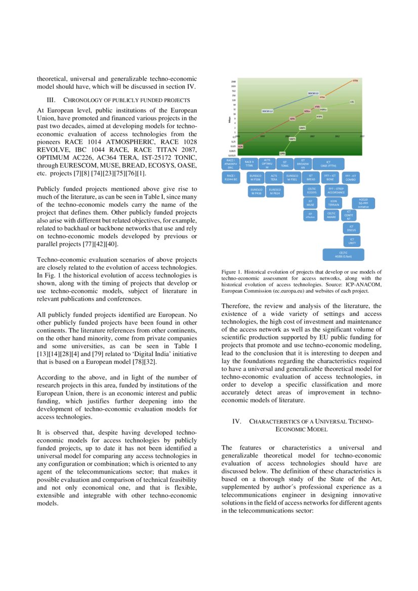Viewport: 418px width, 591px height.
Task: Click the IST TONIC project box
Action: pyautogui.click(x=285, y=164)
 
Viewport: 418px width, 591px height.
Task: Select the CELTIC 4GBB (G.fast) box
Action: pyautogui.click(x=344, y=254)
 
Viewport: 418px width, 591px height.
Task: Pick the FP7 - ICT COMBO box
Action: pyautogui.click(x=350, y=177)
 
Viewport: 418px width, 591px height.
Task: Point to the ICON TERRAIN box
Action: pyautogui.click(x=333, y=203)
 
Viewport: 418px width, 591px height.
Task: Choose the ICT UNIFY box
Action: pyautogui.click(x=352, y=241)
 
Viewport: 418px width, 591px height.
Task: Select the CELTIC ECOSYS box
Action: pyautogui.click(x=312, y=190)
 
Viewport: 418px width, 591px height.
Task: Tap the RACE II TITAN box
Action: pyautogui.click(x=249, y=164)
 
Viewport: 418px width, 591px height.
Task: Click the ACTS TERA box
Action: pyautogui.click(x=274, y=177)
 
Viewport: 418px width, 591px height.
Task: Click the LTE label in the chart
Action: pyautogui.click(x=351, y=102)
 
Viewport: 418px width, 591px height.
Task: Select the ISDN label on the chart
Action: pyautogui.click(x=240, y=146)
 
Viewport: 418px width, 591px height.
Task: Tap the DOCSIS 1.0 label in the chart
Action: pyautogui.click(x=268, y=111)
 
